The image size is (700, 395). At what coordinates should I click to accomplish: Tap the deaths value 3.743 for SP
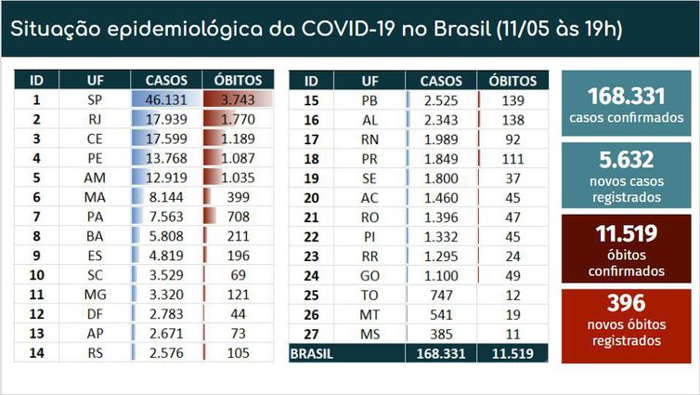pos(240,99)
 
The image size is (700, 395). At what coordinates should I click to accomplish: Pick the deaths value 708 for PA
pos(240,216)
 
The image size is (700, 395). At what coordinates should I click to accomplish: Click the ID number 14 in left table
pos(37,352)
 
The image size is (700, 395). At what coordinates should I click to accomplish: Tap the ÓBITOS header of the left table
pos(239,80)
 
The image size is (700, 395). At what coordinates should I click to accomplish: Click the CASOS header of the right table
pos(441,80)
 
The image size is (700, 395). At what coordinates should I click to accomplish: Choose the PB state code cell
pos(369,99)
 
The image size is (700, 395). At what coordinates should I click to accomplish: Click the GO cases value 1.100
pos(441,275)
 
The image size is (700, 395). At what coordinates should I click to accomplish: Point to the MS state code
pos(369,334)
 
